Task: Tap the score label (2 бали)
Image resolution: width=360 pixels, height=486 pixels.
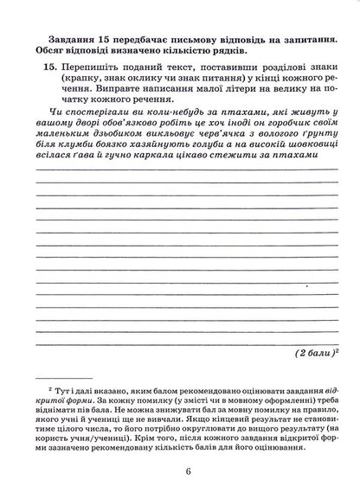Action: (320, 354)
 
